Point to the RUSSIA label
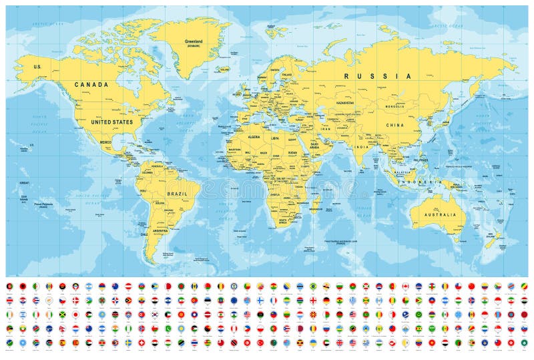pos(377,76)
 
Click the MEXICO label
pos(105,143)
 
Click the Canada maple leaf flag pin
pos(405,286)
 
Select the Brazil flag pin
pos(314,286)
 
